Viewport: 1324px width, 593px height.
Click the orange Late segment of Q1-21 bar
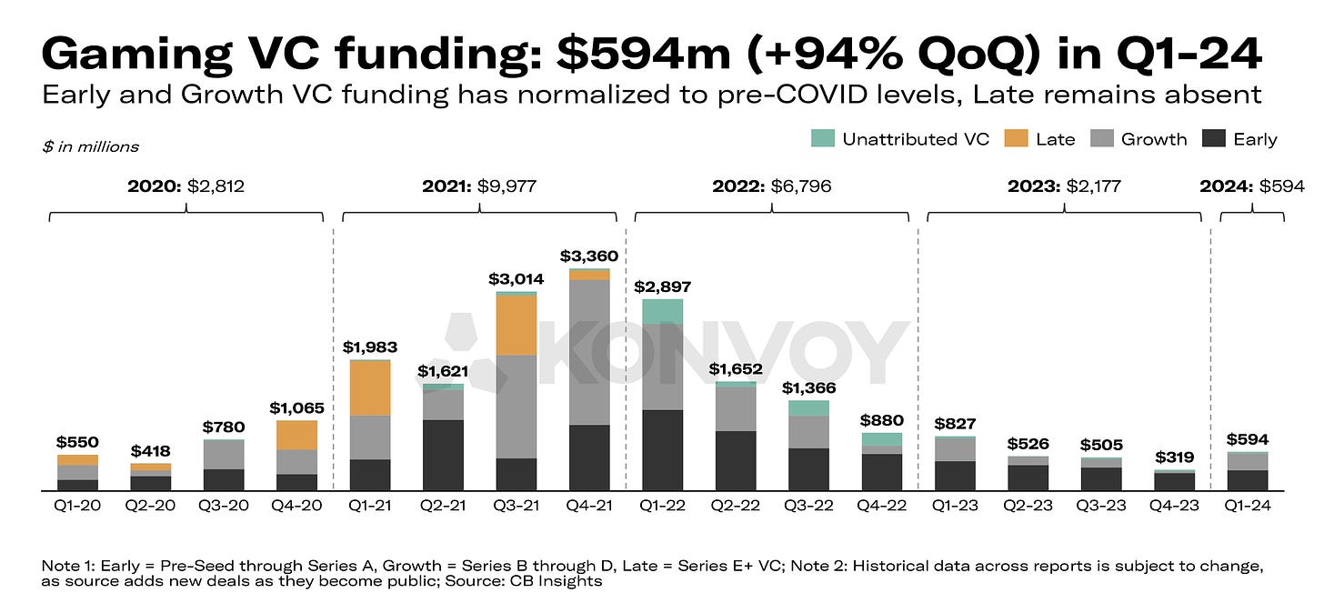click(x=369, y=388)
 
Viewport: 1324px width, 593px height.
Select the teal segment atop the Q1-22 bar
click(x=662, y=312)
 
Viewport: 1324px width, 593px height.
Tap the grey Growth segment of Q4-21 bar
click(x=589, y=352)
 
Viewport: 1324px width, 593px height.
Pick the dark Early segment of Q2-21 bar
click(x=443, y=455)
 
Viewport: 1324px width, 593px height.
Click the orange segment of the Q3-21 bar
click(x=516, y=325)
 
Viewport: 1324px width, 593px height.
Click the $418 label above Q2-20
click(x=150, y=451)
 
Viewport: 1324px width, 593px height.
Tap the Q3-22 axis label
click(x=808, y=506)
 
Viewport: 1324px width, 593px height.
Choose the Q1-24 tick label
click(x=1247, y=506)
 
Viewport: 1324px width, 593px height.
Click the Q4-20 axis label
click(x=296, y=506)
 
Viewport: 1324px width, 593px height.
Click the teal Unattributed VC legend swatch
click(x=821, y=138)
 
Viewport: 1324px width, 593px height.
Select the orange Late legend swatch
click(x=1015, y=138)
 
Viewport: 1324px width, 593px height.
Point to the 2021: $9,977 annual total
click(x=479, y=186)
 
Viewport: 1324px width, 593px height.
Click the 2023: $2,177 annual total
click(x=1064, y=186)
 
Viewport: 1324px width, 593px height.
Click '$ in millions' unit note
click(x=90, y=146)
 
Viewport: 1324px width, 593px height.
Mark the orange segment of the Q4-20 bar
click(x=296, y=435)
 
